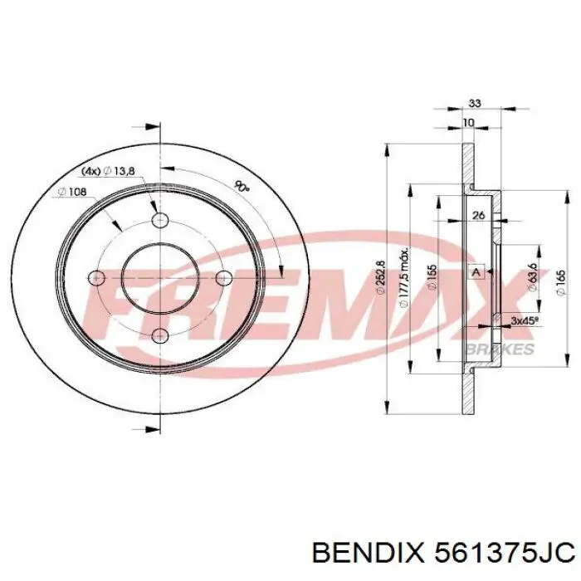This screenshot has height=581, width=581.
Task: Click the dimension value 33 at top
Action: point(475,104)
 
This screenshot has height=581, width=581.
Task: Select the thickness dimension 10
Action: point(469,123)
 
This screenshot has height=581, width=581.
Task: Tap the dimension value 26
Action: point(477,217)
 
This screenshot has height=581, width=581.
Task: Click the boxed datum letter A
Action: point(476,272)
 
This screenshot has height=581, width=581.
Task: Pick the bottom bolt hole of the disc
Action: point(160,335)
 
